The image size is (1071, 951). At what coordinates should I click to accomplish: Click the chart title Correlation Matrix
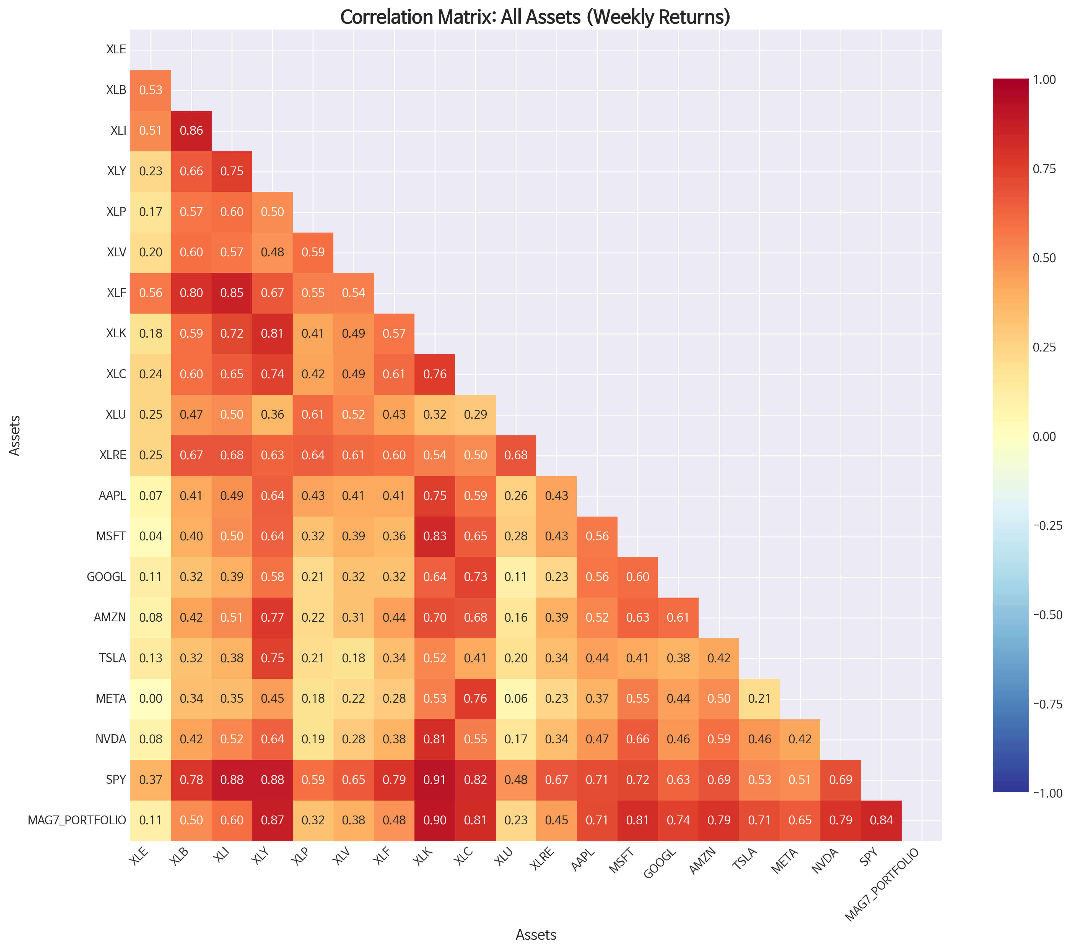pyautogui.click(x=535, y=17)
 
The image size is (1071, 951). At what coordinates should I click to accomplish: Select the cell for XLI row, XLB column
pyautogui.click(x=191, y=131)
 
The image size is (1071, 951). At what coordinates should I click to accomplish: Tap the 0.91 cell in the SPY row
pyautogui.click(x=434, y=780)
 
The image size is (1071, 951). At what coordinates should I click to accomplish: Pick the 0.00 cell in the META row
pyautogui.click(x=151, y=699)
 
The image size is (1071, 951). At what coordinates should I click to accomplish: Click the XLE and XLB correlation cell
pyautogui.click(x=151, y=90)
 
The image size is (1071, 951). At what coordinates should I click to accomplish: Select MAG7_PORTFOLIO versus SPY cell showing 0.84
pyautogui.click(x=881, y=820)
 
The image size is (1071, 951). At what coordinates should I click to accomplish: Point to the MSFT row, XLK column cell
pyautogui.click(x=434, y=536)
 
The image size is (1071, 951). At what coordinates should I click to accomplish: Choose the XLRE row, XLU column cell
pyautogui.click(x=516, y=455)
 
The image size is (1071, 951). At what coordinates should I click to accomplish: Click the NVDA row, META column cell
pyautogui.click(x=800, y=739)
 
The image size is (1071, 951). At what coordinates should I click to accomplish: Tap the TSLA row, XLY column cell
pyautogui.click(x=273, y=658)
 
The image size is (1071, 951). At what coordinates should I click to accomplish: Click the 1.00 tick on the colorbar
pyautogui.click(x=1044, y=80)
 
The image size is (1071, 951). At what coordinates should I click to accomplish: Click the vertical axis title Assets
pyautogui.click(x=15, y=436)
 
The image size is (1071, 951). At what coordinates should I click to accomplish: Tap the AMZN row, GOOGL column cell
pyautogui.click(x=678, y=618)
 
